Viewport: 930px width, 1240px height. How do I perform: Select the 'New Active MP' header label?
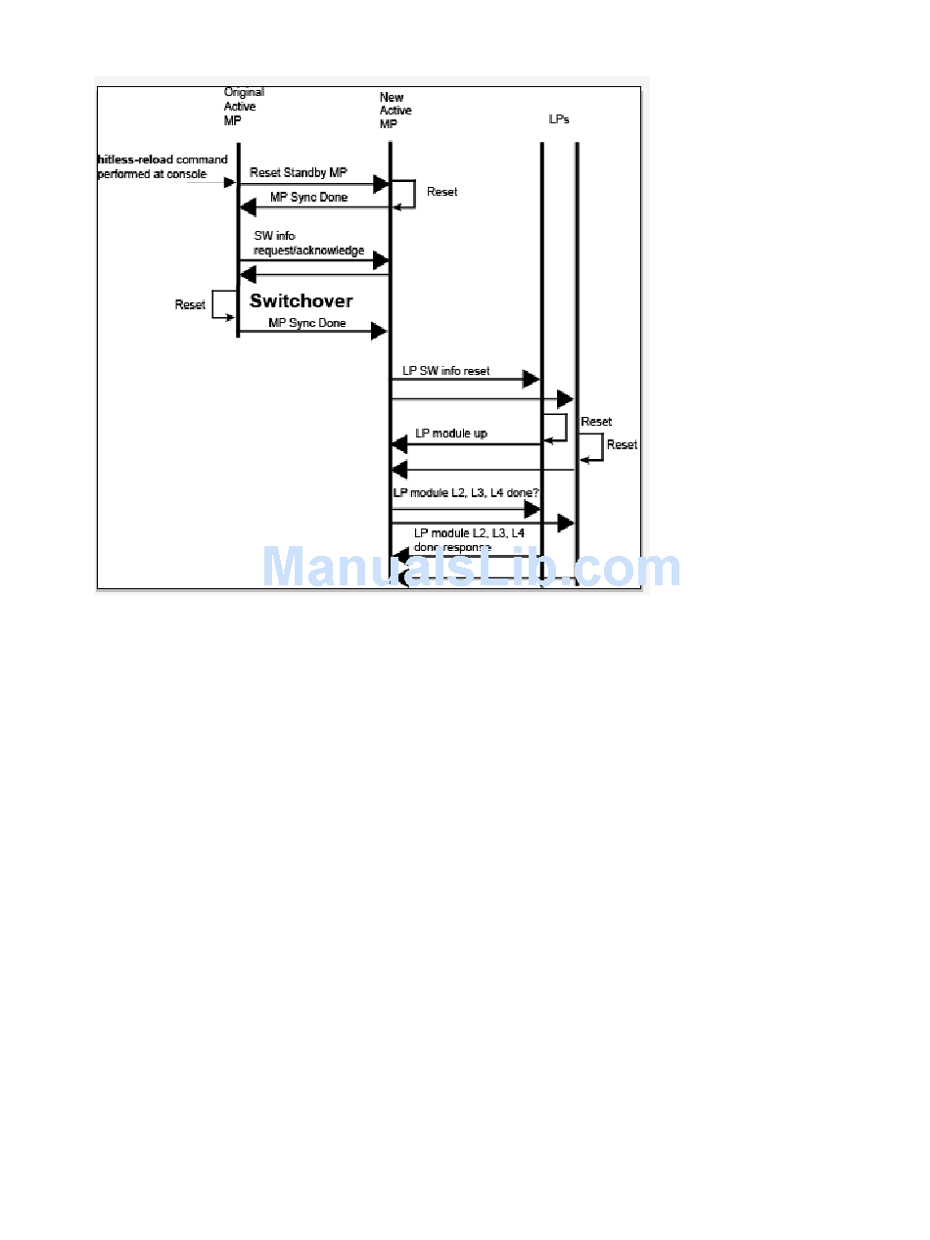click(395, 111)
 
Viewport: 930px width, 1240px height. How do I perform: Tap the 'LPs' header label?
click(559, 118)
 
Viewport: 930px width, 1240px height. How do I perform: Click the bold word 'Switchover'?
click(301, 301)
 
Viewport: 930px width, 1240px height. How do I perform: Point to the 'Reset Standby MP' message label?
click(299, 172)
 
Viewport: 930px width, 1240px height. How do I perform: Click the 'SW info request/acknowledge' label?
click(308, 244)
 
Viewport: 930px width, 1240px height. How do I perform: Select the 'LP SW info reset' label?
click(446, 371)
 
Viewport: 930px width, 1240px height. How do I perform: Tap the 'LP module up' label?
click(451, 433)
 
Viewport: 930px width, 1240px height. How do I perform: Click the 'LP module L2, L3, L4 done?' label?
click(466, 493)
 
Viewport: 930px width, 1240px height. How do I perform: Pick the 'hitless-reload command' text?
click(163, 160)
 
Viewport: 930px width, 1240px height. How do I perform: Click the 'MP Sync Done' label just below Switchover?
click(307, 323)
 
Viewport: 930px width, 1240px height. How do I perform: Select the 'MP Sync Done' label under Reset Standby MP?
click(308, 198)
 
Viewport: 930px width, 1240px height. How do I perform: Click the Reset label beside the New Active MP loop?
click(442, 192)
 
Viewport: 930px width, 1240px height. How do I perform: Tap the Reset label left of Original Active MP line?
click(190, 304)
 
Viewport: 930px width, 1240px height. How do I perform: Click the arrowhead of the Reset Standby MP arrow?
click(381, 183)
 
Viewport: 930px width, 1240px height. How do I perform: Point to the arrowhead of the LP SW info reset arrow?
click(532, 379)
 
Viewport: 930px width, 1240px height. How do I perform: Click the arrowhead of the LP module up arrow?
click(399, 444)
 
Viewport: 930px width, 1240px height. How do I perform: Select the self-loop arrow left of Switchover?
click(224, 303)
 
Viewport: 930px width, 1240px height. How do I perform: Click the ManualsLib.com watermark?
click(472, 568)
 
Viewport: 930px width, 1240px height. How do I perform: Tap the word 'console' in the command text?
click(186, 174)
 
